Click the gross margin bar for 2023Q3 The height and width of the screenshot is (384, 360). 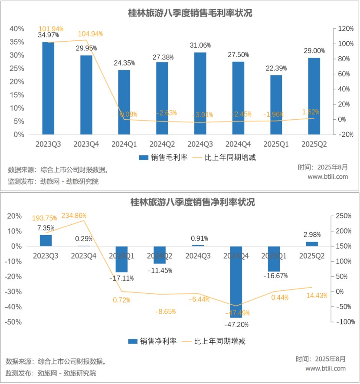coord(48,88)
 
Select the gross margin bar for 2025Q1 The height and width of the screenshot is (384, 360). coord(276,105)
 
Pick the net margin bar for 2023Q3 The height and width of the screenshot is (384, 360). coord(46,240)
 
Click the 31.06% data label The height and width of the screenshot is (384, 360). coord(200,45)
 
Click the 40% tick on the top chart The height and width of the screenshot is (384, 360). coord(17,29)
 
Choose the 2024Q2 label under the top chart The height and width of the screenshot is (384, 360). coord(162,144)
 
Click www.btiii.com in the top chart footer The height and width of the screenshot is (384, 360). coord(327,177)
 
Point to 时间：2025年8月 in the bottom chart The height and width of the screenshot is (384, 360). coord(321,359)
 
